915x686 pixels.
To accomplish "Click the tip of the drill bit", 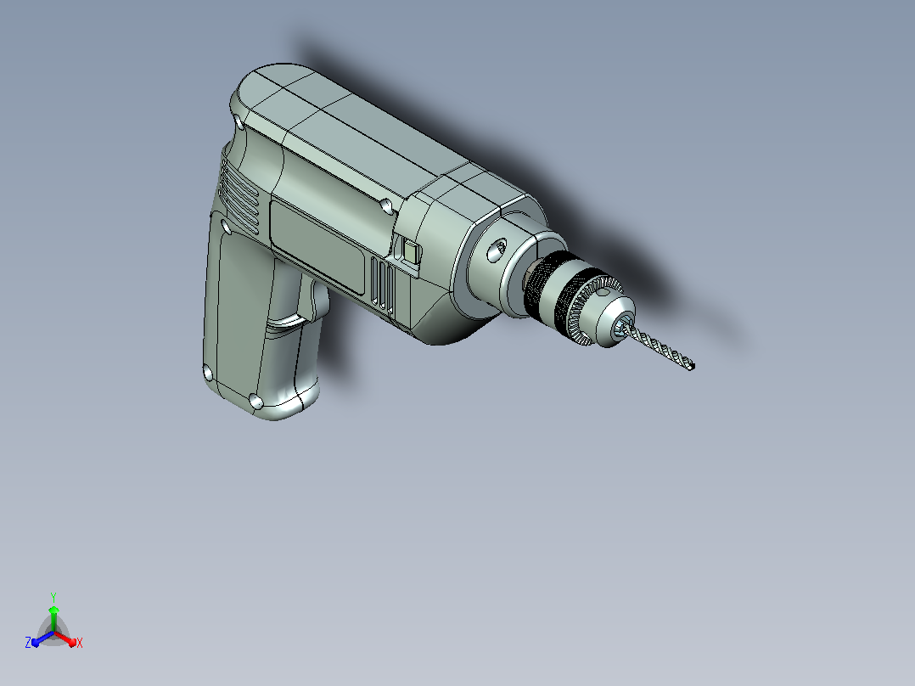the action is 692,367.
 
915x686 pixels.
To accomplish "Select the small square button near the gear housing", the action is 412,252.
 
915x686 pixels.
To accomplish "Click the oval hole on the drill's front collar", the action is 497,250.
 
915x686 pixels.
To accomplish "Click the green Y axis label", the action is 53,597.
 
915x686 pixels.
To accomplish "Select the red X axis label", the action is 80,643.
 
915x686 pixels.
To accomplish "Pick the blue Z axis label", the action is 27,642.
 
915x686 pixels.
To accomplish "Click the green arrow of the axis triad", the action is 53,618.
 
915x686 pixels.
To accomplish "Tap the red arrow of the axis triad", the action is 65,638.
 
